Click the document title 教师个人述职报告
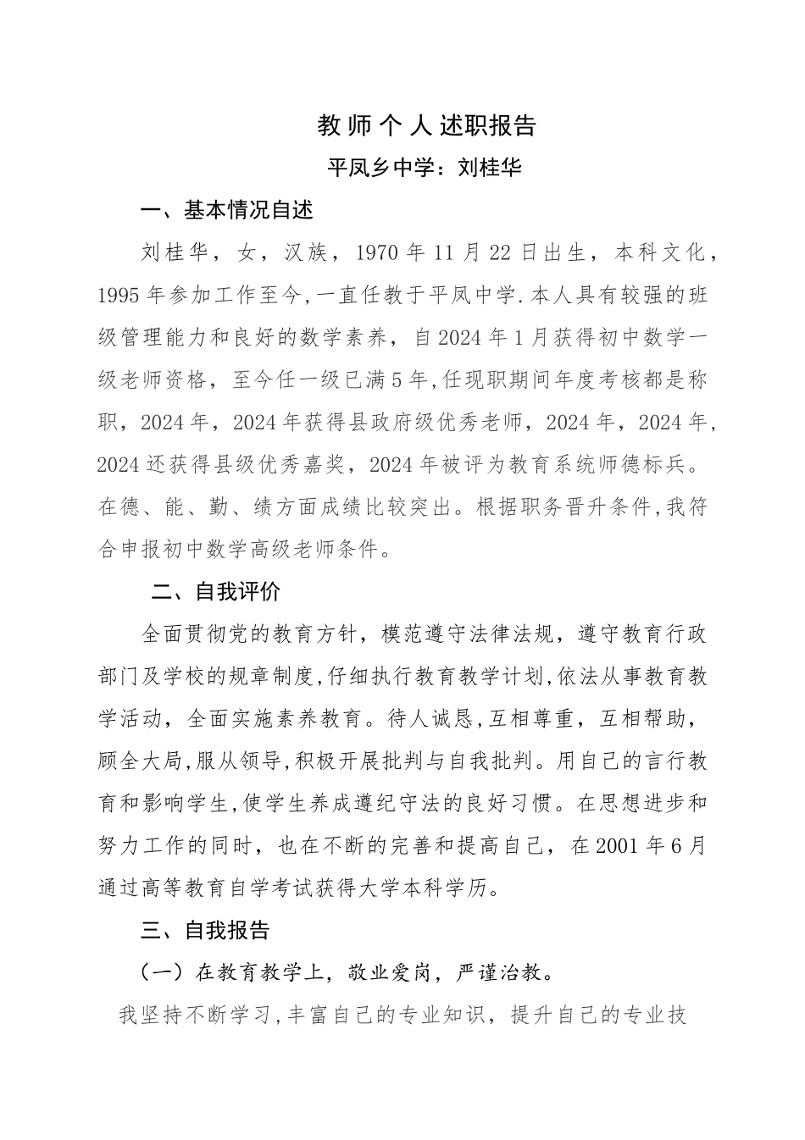426,125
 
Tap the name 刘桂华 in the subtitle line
490,168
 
